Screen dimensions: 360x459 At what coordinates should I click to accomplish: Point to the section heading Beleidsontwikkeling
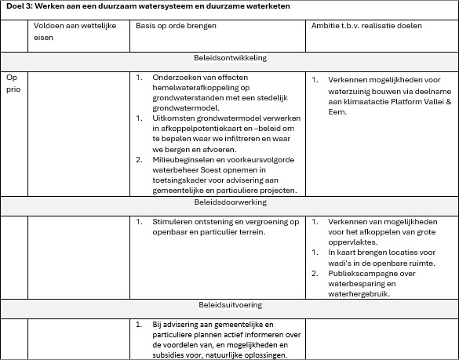[230, 59]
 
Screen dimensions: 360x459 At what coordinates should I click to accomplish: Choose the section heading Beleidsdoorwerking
[230, 202]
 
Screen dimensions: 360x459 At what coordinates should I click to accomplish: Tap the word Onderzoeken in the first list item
[179, 79]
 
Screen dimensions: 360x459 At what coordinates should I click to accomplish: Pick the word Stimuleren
[175, 222]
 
